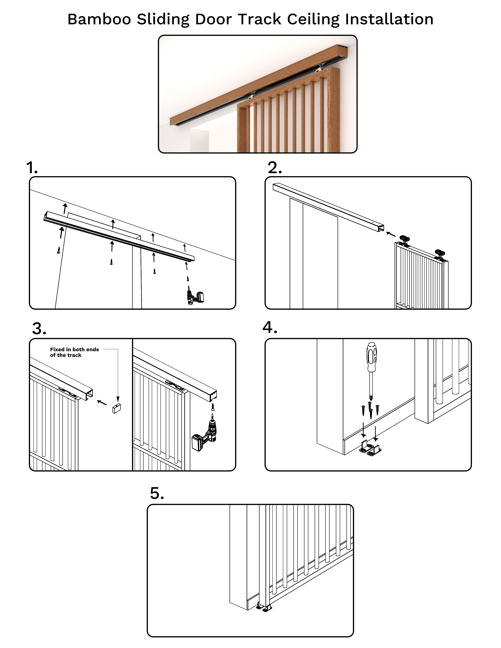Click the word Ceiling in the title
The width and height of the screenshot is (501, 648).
313,20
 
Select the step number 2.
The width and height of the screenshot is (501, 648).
275,168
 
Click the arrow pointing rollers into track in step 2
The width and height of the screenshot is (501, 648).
391,234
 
